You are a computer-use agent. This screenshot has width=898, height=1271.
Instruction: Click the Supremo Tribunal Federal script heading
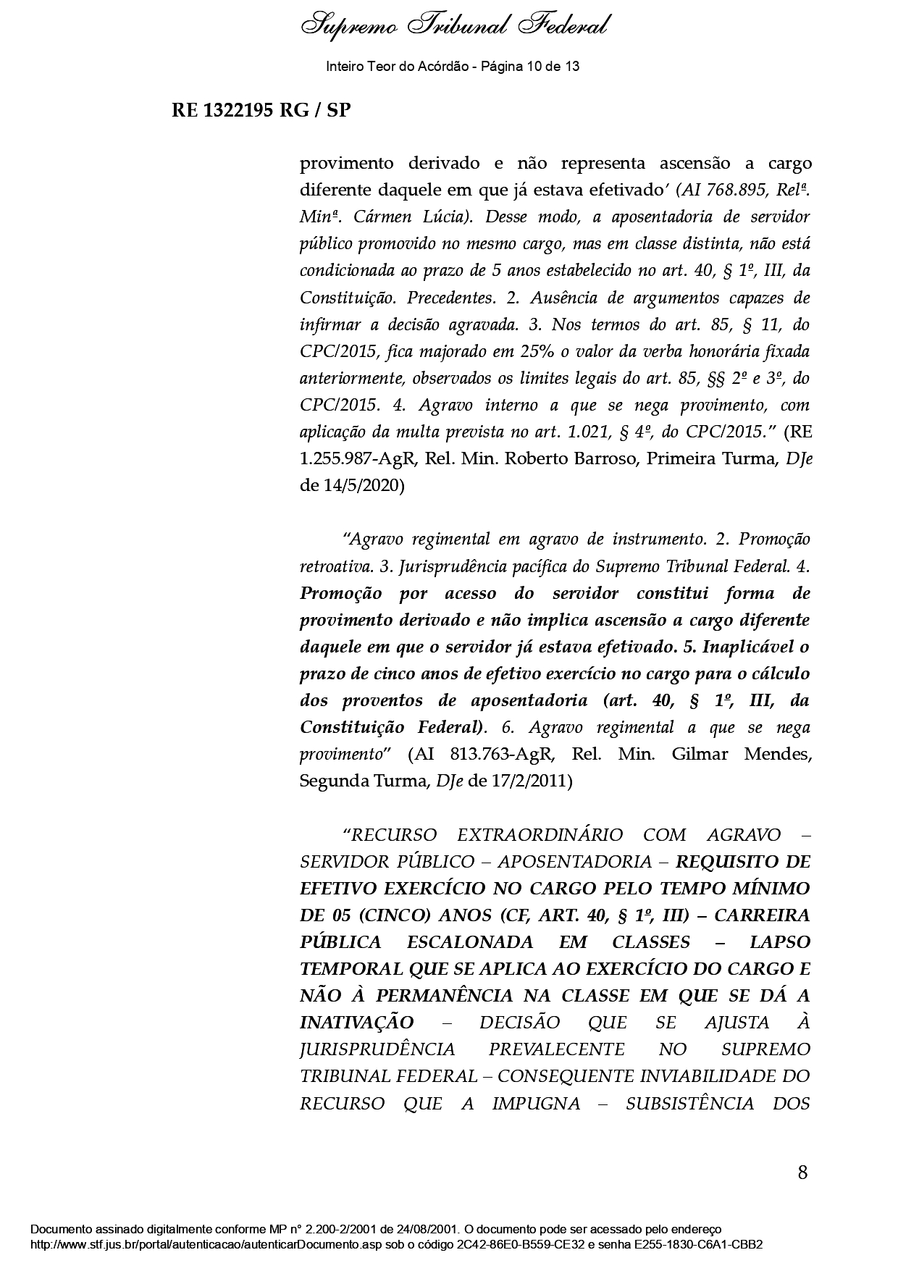pos(454,27)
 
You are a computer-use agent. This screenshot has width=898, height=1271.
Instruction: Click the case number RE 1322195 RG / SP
pos(261,111)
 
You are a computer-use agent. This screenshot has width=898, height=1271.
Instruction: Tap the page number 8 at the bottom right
pos(802,1172)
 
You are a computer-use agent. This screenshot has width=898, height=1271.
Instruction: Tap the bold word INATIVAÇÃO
pos(357,1023)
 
